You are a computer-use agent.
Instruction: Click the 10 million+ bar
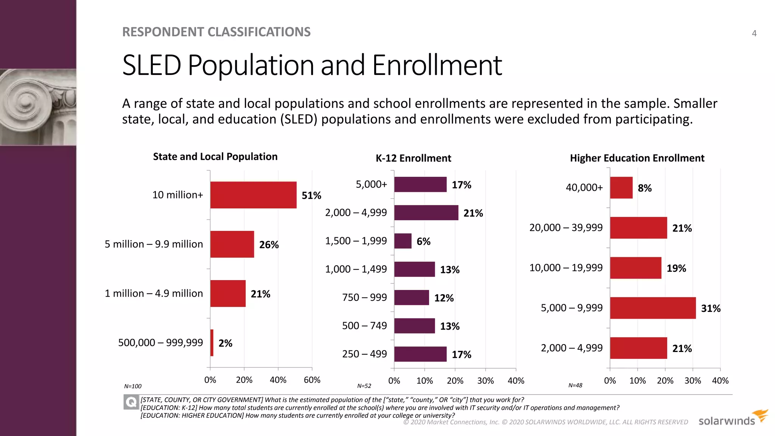[253, 195]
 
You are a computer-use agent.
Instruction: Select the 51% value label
[311, 196]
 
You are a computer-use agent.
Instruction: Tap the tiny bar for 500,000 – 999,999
[212, 343]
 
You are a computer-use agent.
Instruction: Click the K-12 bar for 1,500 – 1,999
[403, 241]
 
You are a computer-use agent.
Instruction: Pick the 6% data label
[423, 241]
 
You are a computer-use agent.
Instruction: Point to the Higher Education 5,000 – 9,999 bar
[653, 308]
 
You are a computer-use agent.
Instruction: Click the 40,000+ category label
[584, 188]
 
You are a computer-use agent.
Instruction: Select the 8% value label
[644, 188]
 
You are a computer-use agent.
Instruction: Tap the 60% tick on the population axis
[312, 380]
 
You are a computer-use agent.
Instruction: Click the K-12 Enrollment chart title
[413, 158]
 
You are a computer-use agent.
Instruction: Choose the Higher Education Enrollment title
[637, 158]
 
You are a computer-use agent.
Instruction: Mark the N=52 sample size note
[364, 386]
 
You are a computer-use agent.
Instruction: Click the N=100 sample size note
[133, 386]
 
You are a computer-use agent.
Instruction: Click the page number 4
[754, 33]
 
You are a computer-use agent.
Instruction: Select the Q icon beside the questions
[131, 402]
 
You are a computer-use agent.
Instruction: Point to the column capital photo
[38, 107]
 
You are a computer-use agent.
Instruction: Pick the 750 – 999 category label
[364, 297]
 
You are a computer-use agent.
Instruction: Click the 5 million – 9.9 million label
[154, 244]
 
